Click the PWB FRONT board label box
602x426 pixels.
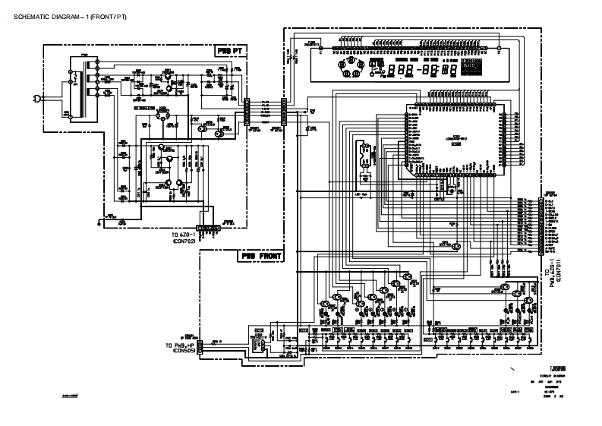click(261, 257)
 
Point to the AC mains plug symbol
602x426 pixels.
click(36, 98)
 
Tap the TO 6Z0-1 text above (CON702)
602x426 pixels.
click(184, 235)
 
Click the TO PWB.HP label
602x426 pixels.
click(180, 346)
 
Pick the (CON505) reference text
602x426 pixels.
click(183, 352)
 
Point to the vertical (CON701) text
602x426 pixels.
click(558, 270)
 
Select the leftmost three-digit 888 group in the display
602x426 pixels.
click(400, 71)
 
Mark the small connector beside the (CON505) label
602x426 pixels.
click(200, 348)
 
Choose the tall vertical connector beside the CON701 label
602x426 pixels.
click(540, 225)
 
